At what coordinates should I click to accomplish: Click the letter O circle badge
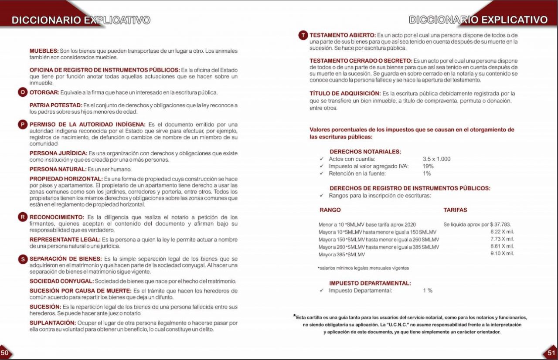pyautogui.click(x=22, y=92)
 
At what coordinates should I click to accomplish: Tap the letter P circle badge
pyautogui.click(x=22, y=125)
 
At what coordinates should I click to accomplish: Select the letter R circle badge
pyautogui.click(x=22, y=217)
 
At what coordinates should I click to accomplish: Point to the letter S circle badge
pyautogui.click(x=22, y=259)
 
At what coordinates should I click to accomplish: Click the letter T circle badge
pyautogui.click(x=303, y=35)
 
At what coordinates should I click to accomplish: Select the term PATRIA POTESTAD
pyautogui.click(x=56, y=105)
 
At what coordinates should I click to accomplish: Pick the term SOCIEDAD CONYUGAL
pyautogui.click(x=61, y=281)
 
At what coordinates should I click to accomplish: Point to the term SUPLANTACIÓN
pyautogui.click(x=52, y=323)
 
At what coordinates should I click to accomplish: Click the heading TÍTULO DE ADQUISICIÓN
pyautogui.click(x=345, y=94)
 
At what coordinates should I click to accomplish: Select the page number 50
pyautogui.click(x=5, y=353)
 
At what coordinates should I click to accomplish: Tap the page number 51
pyautogui.click(x=551, y=353)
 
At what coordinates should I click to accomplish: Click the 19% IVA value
pyautogui.click(x=428, y=166)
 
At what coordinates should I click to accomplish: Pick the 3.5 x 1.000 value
pyautogui.click(x=436, y=159)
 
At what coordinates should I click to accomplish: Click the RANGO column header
pyautogui.click(x=330, y=210)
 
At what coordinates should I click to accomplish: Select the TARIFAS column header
pyautogui.click(x=455, y=210)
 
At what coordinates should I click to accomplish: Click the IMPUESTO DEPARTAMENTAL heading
pyautogui.click(x=370, y=283)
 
